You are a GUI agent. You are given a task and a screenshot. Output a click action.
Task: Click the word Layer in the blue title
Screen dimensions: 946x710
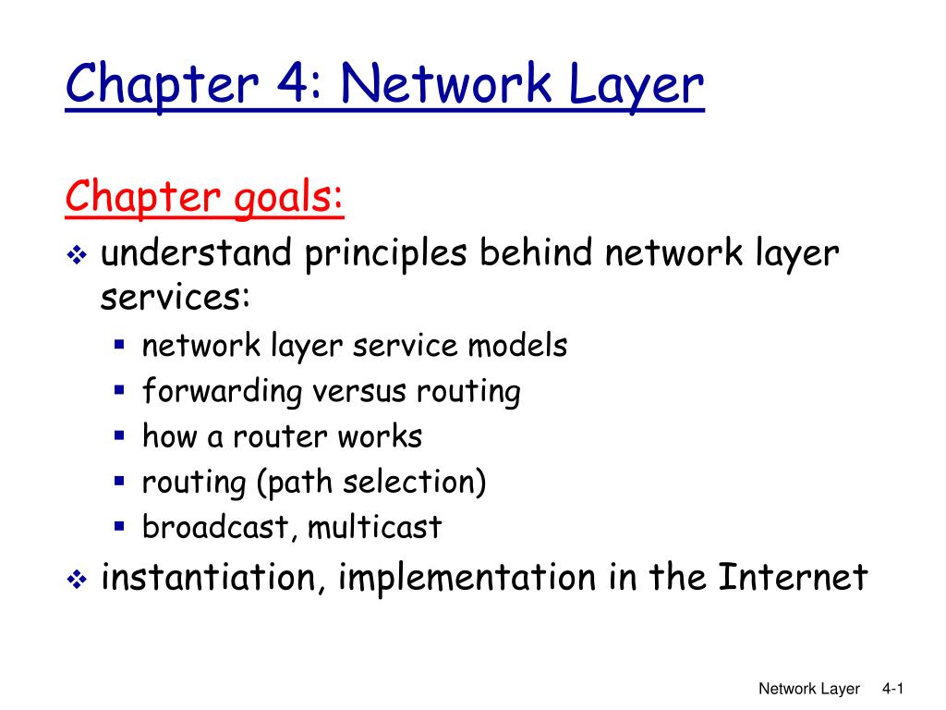(x=636, y=85)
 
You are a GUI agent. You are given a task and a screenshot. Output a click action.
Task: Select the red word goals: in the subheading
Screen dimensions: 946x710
(x=288, y=198)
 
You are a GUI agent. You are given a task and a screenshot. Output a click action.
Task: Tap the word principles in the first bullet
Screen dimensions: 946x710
(x=385, y=255)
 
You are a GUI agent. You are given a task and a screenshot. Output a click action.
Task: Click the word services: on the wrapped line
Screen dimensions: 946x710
(x=175, y=297)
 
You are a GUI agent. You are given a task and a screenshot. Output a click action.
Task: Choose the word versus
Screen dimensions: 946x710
(x=358, y=391)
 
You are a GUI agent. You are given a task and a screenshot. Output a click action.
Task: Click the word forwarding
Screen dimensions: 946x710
(x=222, y=391)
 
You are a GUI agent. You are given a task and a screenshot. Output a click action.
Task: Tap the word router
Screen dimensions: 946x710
(x=279, y=436)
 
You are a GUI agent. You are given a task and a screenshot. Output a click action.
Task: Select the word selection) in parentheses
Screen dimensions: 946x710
(x=414, y=482)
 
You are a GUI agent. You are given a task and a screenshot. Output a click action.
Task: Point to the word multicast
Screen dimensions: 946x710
(x=375, y=526)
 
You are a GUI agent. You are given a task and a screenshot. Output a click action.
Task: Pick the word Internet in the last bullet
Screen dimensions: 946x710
(x=792, y=577)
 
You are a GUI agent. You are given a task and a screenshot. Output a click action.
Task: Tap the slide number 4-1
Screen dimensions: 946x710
(x=892, y=689)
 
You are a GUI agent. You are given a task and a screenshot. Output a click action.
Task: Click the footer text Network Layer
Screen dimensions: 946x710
(x=808, y=689)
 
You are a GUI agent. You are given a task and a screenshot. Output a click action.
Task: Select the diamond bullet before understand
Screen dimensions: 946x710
(x=78, y=255)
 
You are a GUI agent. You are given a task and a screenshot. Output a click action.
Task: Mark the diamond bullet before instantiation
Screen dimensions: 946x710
(x=78, y=580)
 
